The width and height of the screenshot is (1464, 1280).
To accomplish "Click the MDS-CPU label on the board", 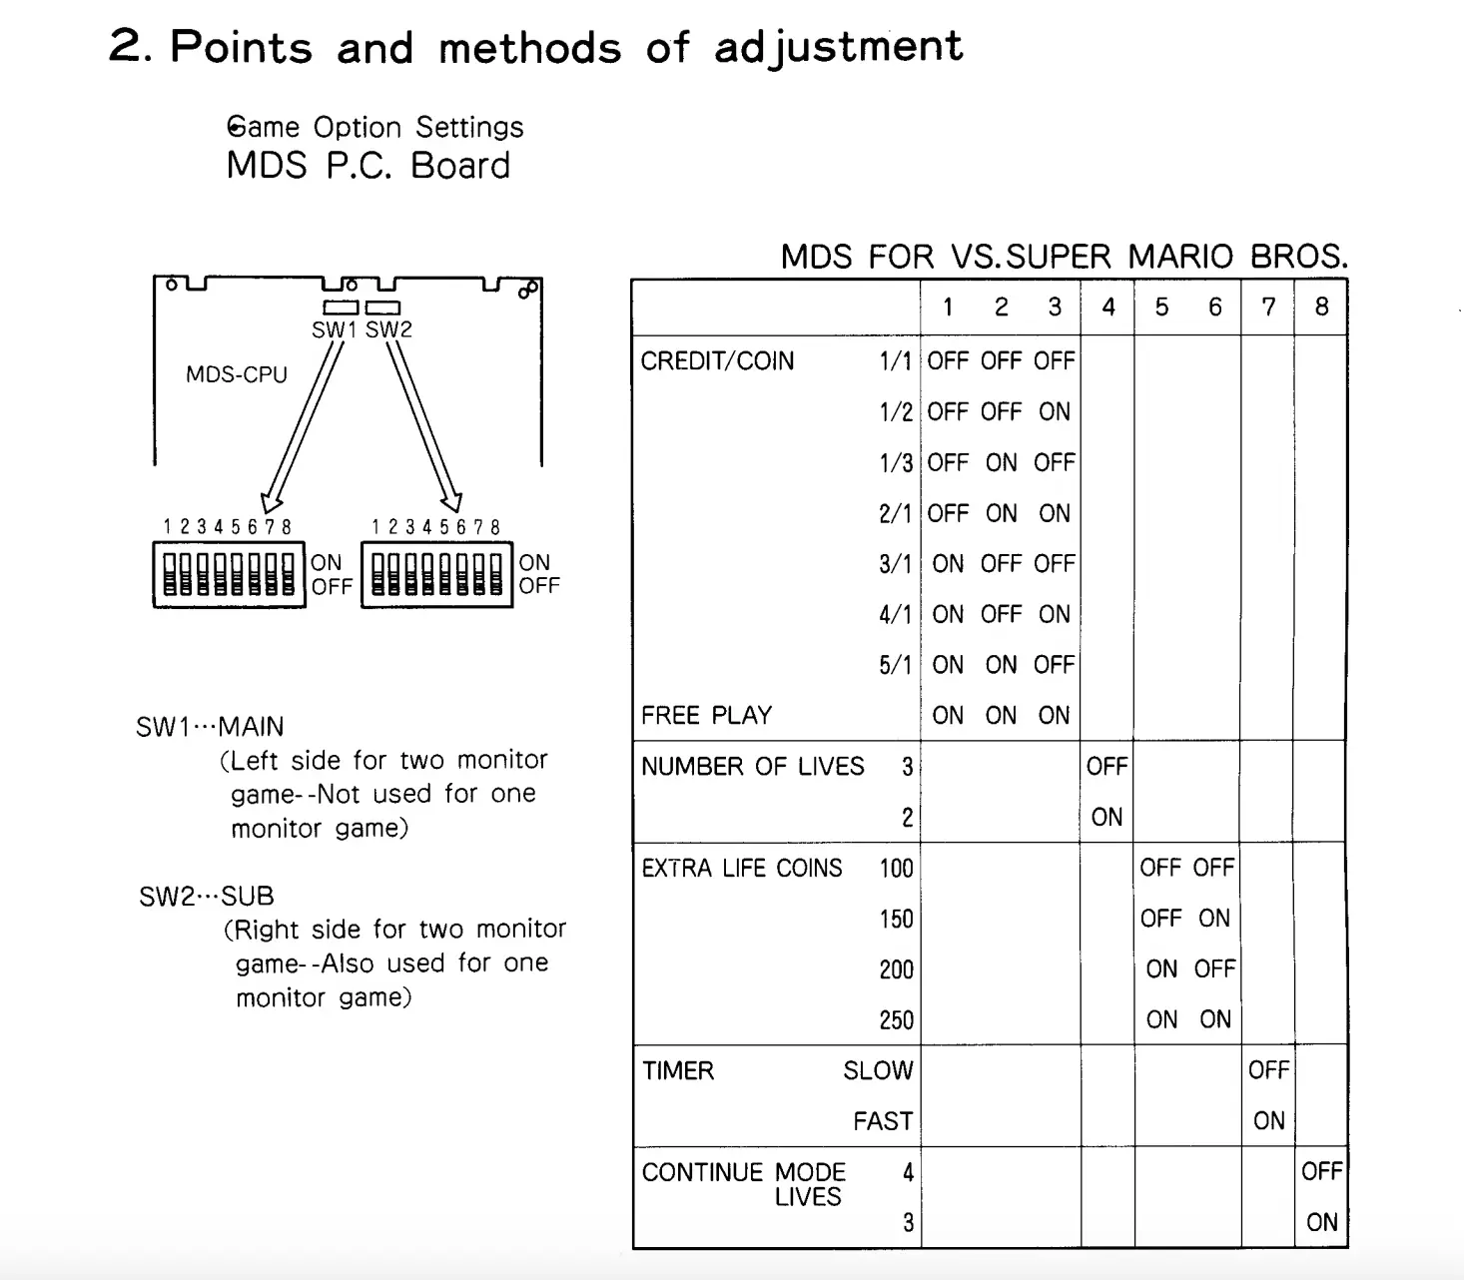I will [x=237, y=374].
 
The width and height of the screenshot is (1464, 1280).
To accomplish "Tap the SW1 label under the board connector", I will [x=334, y=329].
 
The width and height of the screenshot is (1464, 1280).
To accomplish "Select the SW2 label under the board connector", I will [x=388, y=329].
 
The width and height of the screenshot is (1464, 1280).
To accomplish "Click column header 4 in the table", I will [x=1107, y=308].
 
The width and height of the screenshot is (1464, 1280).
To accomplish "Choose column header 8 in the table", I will [x=1321, y=308].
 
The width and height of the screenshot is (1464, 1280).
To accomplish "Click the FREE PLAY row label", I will [x=706, y=715].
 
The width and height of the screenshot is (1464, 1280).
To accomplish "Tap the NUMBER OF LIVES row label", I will [x=752, y=766].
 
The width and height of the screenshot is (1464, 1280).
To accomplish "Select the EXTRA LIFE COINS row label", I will [x=741, y=868].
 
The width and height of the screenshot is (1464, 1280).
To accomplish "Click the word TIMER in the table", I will [x=678, y=1070].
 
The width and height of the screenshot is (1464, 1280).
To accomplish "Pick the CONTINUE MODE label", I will [x=743, y=1172].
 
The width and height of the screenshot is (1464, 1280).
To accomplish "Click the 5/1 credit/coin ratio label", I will [x=895, y=665].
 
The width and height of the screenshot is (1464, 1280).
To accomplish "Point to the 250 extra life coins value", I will [x=896, y=1019].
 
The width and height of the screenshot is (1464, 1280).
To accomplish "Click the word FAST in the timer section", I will [x=883, y=1121].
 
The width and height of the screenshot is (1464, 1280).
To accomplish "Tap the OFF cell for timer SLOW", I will [x=1268, y=1070].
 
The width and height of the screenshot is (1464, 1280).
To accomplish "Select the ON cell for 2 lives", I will [x=1106, y=817].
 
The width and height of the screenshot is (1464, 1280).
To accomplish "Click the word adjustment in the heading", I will [x=838, y=47].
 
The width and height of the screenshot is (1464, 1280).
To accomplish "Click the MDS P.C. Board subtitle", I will [x=367, y=166].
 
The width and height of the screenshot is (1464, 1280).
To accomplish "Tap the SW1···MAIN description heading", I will [x=210, y=727].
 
